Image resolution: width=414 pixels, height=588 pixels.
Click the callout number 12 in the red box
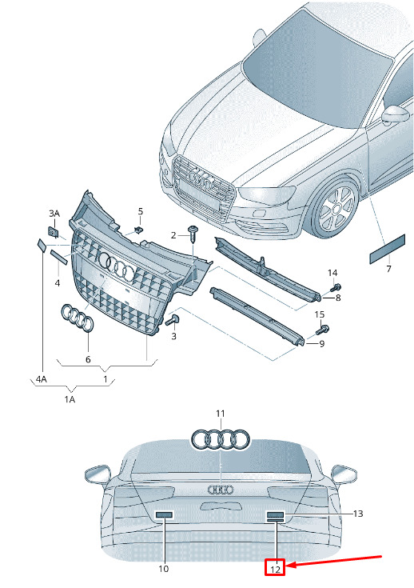tap(275, 570)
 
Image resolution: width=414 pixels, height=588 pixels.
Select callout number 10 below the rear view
tap(164, 569)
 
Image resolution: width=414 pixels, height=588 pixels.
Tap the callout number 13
tap(358, 514)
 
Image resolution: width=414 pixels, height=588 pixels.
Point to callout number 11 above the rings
tap(221, 414)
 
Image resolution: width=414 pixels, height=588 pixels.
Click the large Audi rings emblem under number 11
tap(221, 439)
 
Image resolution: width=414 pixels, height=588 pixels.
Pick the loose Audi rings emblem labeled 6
tap(78, 318)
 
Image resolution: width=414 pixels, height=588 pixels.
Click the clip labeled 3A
tap(54, 232)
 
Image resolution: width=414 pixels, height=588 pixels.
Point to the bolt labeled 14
tap(336, 288)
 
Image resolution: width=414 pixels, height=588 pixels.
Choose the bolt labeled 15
tap(323, 330)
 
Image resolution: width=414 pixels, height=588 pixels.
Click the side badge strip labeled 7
tap(387, 249)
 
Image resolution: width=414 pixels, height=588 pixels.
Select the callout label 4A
tap(42, 379)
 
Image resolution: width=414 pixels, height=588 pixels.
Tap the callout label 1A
tap(70, 399)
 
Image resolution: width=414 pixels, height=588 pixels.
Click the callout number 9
tap(322, 343)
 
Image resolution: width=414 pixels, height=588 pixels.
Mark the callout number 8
tap(338, 298)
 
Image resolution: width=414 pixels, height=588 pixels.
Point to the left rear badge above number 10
tap(164, 515)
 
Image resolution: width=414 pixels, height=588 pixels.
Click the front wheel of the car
tap(336, 209)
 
